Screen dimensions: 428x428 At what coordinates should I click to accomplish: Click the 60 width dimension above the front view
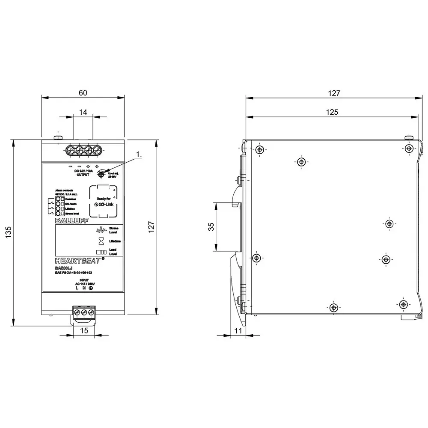pyautogui.click(x=83, y=92)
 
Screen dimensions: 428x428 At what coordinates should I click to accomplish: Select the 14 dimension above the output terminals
pyautogui.click(x=83, y=112)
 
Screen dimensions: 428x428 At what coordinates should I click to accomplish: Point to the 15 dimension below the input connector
pyautogui.click(x=84, y=330)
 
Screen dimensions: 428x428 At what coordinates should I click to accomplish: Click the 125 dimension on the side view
pyautogui.click(x=332, y=112)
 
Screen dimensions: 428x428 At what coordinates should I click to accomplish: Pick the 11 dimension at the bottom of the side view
pyautogui.click(x=238, y=330)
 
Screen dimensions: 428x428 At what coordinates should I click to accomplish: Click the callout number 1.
pyautogui.click(x=138, y=154)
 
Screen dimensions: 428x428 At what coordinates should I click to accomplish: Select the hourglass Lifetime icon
pyautogui.click(x=101, y=241)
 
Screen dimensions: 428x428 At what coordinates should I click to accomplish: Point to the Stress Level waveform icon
pyautogui.click(x=101, y=229)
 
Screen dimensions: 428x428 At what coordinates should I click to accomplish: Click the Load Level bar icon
pyautogui.click(x=101, y=252)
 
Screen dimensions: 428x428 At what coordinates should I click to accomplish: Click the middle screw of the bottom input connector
pyautogui.click(x=84, y=313)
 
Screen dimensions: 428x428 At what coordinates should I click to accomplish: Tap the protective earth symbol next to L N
pyautogui.click(x=91, y=288)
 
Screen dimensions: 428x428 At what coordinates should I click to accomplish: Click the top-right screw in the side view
pyautogui.click(x=409, y=148)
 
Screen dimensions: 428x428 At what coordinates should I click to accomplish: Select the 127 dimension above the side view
pyautogui.click(x=334, y=92)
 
